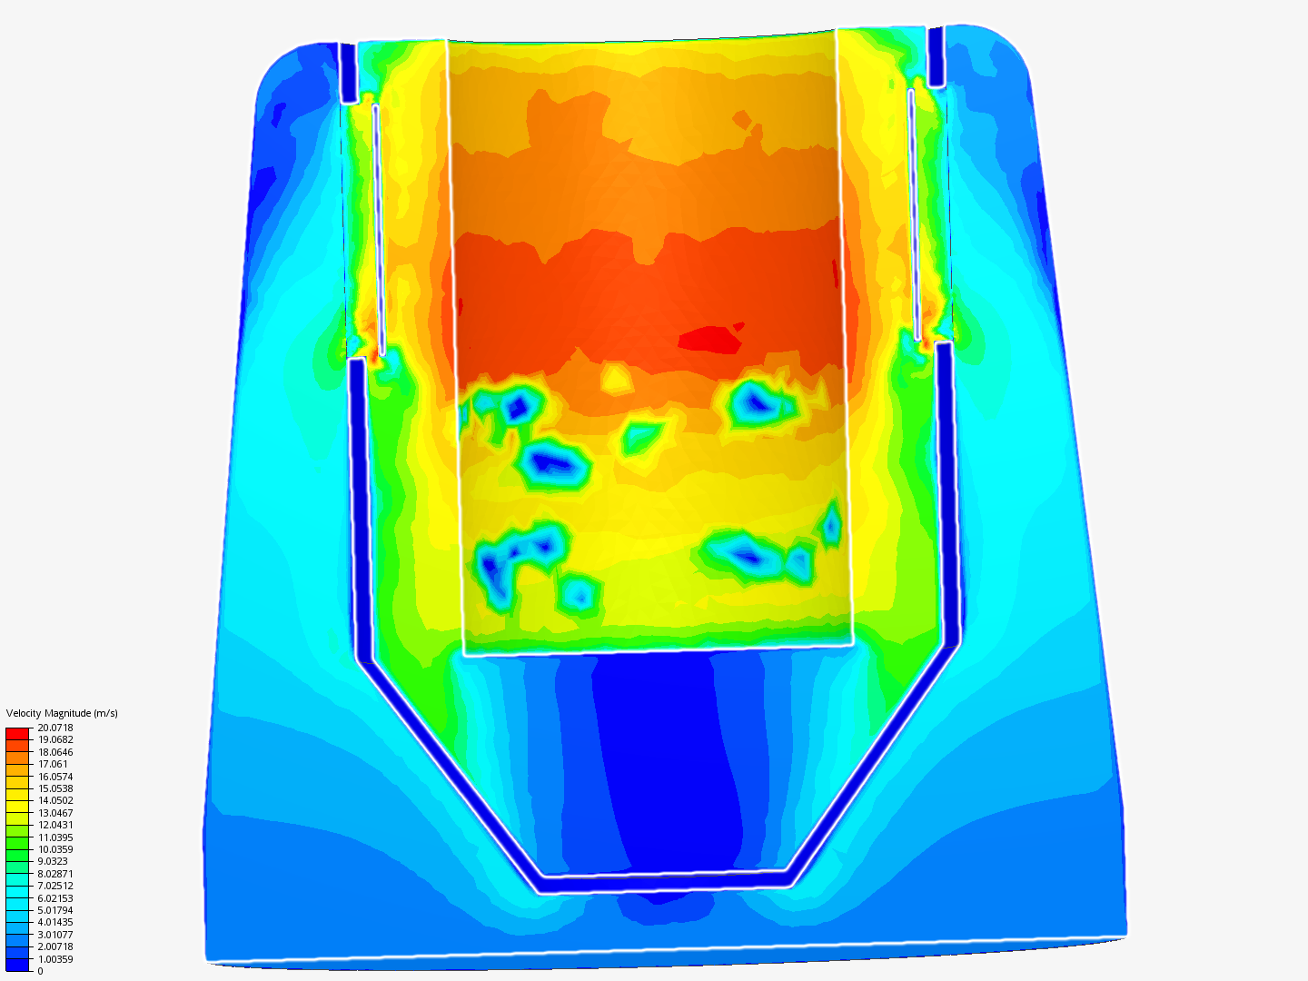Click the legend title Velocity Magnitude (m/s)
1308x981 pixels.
coord(62,713)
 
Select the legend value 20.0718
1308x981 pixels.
coord(55,728)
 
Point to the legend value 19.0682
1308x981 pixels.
coord(55,739)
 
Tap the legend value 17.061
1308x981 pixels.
coord(53,764)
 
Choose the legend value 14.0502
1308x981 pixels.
coord(55,800)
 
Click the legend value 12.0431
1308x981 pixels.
coord(55,825)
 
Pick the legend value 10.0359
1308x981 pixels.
coord(55,849)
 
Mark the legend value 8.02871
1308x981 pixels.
coord(55,874)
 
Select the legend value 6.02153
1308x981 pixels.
coord(55,898)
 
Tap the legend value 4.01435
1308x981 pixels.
coord(55,922)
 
